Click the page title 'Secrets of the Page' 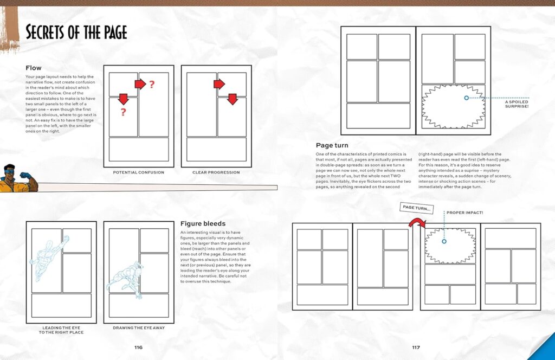(x=76, y=32)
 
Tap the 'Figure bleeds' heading (x=203, y=223)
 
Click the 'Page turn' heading (x=332, y=145)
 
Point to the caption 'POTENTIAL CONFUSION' (x=139, y=172)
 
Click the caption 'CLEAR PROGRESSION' (x=216, y=172)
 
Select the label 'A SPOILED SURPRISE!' (x=516, y=104)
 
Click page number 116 (x=138, y=348)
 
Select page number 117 (x=416, y=348)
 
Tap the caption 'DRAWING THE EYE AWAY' (x=138, y=327)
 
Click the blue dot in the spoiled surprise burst (x=466, y=98)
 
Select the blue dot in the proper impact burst (x=444, y=241)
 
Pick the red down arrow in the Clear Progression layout (x=233, y=99)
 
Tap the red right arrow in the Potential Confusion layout (x=140, y=84)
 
